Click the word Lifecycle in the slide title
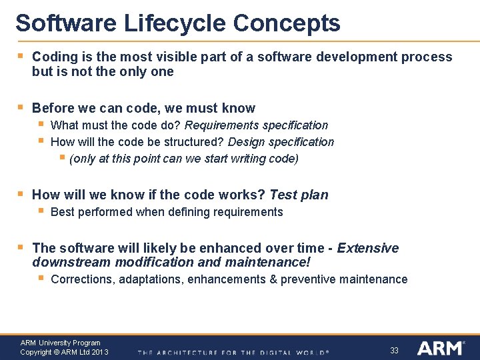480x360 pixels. pyautogui.click(x=175, y=23)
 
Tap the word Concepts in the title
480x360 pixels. pyautogui.click(x=287, y=23)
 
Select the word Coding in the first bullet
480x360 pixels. pyautogui.click(x=53, y=57)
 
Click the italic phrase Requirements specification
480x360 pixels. pyautogui.click(x=256, y=125)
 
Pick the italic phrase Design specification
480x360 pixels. pyautogui.click(x=281, y=142)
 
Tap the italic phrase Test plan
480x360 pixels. pyautogui.click(x=299, y=195)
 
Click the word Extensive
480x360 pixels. pyautogui.click(x=368, y=248)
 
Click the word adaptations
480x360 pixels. pyautogui.click(x=151, y=279)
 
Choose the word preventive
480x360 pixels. pyautogui.click(x=308, y=279)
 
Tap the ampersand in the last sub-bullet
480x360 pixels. pyautogui.click(x=273, y=279)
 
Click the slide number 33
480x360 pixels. pyautogui.click(x=394, y=350)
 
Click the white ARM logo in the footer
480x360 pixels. pyautogui.click(x=440, y=348)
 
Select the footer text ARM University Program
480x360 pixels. pyautogui.click(x=60, y=343)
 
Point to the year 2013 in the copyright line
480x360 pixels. pyautogui.click(x=99, y=352)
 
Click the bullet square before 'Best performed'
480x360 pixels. pyautogui.click(x=41, y=211)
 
